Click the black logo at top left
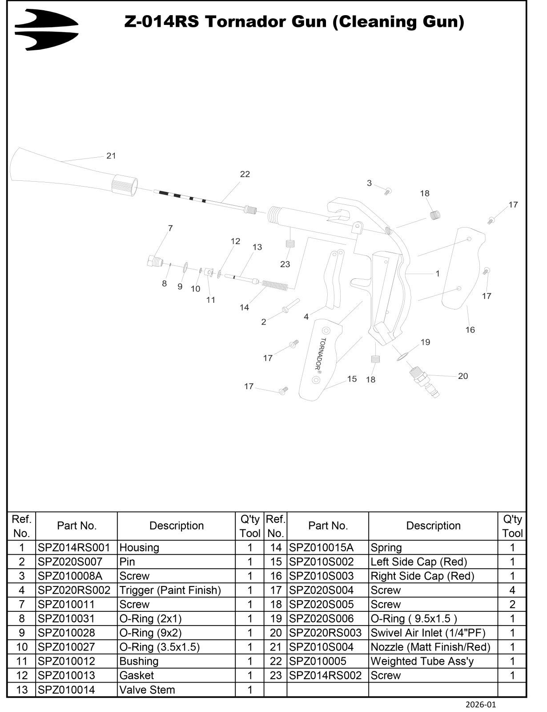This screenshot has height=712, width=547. (x=46, y=29)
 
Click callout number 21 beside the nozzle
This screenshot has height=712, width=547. (x=111, y=156)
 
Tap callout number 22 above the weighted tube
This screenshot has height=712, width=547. (x=245, y=174)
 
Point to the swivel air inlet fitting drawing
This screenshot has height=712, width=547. (x=424, y=382)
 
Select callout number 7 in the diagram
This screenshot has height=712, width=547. (x=170, y=228)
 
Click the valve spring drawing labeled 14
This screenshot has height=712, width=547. (x=275, y=285)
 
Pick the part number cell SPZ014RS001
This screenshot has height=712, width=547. (x=74, y=548)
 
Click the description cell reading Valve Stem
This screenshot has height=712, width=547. (x=147, y=690)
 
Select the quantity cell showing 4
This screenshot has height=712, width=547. (x=512, y=590)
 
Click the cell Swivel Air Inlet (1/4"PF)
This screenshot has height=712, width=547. (x=428, y=633)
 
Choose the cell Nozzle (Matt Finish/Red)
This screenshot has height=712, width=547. (x=430, y=647)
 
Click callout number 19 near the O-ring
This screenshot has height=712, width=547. (x=425, y=342)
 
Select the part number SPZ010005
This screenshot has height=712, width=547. (x=318, y=661)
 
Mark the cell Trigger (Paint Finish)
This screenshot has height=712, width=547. (x=170, y=590)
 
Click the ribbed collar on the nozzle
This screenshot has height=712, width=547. (x=125, y=184)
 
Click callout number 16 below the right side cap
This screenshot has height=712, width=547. (x=470, y=330)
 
